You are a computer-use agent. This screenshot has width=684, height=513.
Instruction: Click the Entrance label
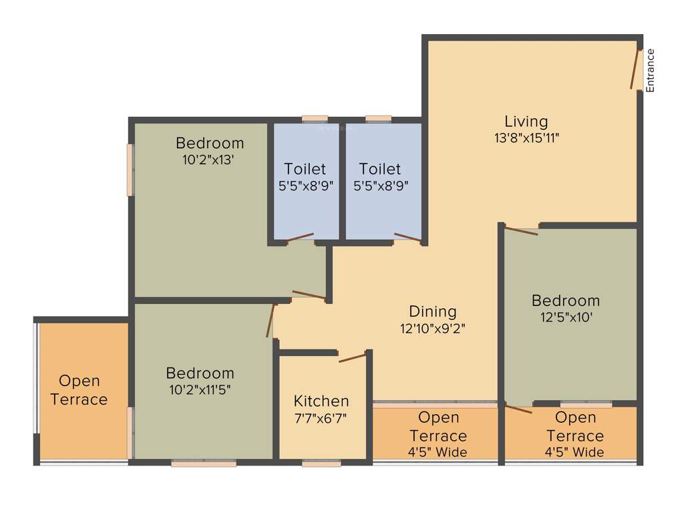650,70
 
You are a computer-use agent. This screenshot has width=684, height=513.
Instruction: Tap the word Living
526,121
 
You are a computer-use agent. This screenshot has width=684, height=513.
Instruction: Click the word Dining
433,311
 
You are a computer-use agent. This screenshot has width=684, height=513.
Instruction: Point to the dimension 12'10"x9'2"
433,329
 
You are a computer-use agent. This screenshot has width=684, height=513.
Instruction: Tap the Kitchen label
321,401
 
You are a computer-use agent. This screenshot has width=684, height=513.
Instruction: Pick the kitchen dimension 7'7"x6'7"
321,418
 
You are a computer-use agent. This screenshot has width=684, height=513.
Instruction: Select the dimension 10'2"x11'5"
200,390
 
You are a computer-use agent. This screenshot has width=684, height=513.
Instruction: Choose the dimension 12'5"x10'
566,318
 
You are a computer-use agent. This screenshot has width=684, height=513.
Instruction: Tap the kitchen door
353,357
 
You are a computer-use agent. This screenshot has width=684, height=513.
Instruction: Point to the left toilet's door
300,237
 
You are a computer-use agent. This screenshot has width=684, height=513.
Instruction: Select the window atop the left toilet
315,119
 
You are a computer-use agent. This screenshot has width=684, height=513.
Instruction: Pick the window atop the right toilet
379,119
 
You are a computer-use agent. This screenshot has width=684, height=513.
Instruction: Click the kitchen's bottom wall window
321,463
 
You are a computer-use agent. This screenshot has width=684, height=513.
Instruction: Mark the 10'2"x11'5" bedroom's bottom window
204,463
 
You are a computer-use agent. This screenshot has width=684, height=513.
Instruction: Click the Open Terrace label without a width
79,390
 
